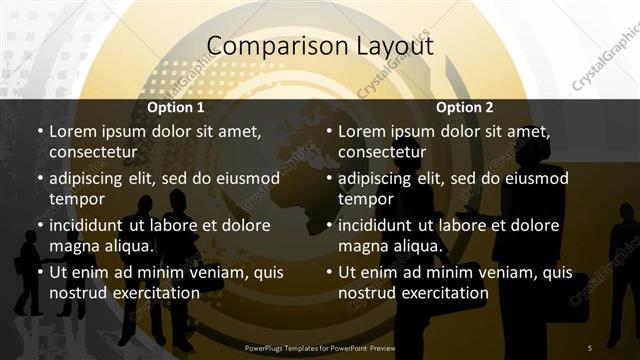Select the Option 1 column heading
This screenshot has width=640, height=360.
(x=176, y=107)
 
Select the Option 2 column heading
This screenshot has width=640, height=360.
(x=465, y=107)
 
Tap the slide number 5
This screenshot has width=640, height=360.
(x=591, y=348)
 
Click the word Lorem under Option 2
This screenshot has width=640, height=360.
(x=362, y=131)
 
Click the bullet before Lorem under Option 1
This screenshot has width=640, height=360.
(x=39, y=132)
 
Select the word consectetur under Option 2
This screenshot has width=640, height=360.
(x=383, y=152)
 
